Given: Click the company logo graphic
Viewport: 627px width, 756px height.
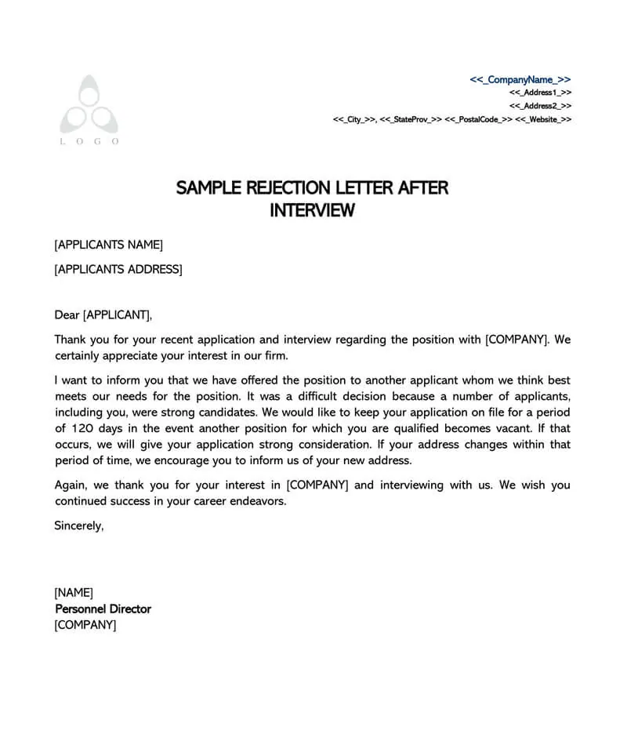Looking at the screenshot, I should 89,104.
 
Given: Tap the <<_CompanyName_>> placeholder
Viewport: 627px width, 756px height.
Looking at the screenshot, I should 520,79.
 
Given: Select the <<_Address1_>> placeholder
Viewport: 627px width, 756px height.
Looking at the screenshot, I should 540,93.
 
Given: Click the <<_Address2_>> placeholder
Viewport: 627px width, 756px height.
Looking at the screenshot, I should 540,105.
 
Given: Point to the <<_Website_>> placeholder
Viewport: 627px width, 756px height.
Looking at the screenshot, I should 543,119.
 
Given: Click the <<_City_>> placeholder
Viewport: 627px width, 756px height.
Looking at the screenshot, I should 353,119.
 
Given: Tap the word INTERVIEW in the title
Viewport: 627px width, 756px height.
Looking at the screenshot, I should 312,211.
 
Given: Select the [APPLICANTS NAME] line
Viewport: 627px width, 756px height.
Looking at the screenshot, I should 108,245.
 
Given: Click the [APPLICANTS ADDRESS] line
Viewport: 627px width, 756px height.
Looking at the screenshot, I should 118,270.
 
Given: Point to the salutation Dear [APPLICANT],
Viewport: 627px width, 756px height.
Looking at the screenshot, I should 103,315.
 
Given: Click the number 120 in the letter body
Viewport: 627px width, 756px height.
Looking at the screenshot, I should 85,429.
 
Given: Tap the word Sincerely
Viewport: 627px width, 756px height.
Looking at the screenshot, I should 78,525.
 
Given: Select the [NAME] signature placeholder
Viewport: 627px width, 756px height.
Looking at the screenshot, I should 74,592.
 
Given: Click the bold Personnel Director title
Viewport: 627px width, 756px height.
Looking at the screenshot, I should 103,609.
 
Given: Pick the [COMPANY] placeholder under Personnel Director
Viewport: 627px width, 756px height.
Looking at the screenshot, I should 85,625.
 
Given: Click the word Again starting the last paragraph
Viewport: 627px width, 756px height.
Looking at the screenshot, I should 71,485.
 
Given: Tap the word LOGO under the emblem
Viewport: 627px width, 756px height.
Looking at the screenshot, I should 89,141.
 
